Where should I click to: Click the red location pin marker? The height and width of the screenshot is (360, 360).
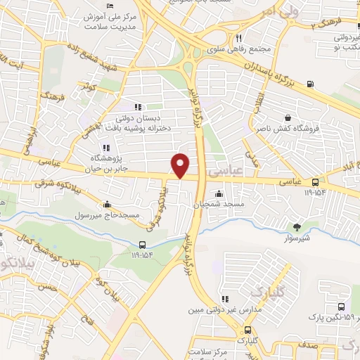[x=181, y=165]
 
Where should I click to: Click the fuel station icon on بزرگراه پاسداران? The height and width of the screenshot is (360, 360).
[x=309, y=86]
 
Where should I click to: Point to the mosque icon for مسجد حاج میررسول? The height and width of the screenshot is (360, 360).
[x=107, y=205]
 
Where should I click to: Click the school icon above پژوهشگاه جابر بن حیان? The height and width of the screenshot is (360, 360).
[x=106, y=148]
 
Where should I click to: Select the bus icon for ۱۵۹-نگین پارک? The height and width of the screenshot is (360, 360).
[x=341, y=307]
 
